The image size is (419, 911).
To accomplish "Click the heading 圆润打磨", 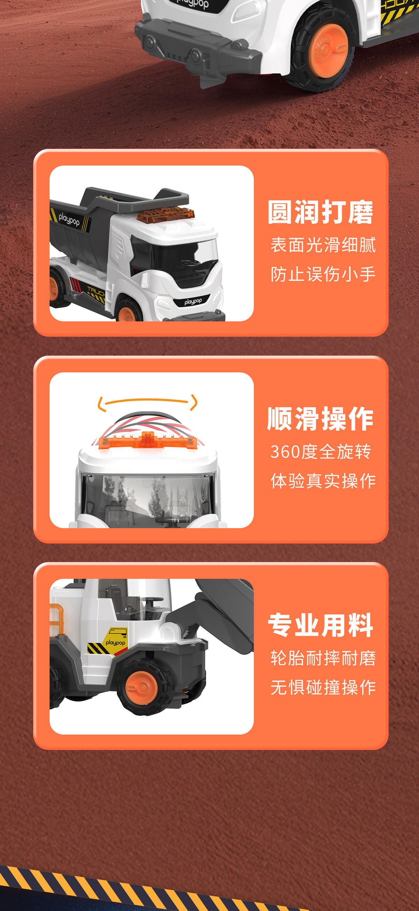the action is click(x=320, y=212).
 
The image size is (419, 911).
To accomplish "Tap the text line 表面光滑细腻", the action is click(x=323, y=245).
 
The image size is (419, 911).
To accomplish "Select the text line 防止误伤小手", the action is click(x=323, y=274).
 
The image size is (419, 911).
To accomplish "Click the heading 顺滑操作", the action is click(x=320, y=419).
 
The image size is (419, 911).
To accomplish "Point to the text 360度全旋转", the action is click(x=321, y=452).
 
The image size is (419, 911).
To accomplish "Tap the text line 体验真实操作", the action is click(x=323, y=481).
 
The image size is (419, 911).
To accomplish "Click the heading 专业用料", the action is click(x=320, y=625).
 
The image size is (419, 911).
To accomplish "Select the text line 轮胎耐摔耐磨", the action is click(x=323, y=658).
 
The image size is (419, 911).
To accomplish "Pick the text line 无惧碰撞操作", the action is click(x=323, y=687).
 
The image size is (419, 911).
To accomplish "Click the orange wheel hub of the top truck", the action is click(x=328, y=51).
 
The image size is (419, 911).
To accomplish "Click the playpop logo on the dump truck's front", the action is click(x=193, y=302).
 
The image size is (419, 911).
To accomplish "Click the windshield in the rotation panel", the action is click(x=147, y=500).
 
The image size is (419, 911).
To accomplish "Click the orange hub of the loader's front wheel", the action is click(x=142, y=687).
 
